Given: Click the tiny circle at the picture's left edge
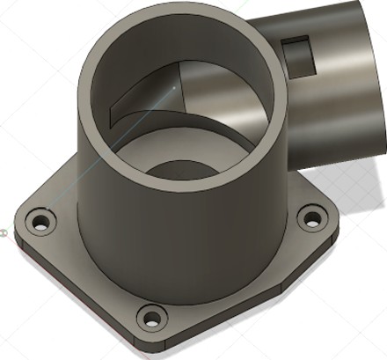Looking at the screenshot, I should tap(3, 232).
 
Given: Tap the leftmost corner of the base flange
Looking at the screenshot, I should tap(20, 220).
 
